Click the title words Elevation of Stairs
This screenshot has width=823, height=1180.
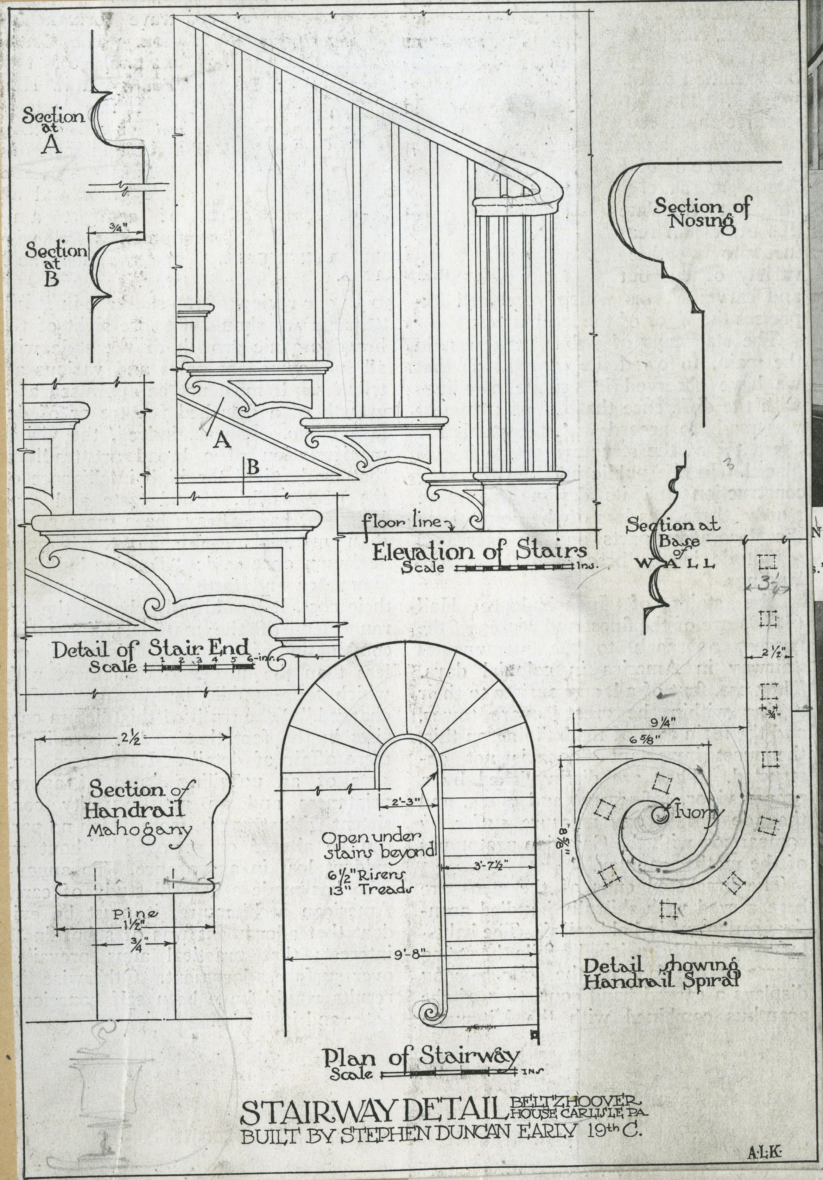(x=479, y=552)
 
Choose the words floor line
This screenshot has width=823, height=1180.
(x=402, y=523)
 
